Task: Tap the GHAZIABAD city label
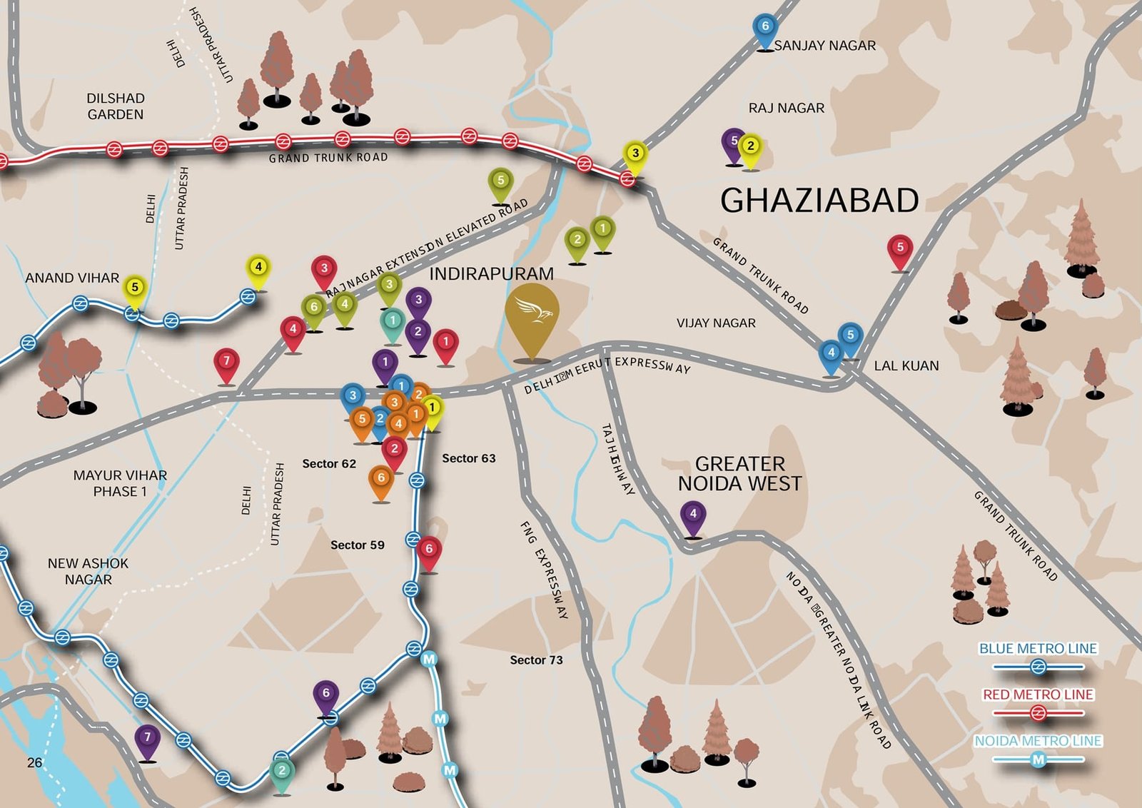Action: (819, 201)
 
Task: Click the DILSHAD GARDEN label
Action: (116, 106)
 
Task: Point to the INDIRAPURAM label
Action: (491, 274)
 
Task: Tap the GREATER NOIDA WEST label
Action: (739, 474)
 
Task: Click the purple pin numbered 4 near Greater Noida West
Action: (692, 515)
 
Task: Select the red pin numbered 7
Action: (226, 363)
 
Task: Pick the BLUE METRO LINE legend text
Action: (1038, 649)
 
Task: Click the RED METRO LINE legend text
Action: (1038, 695)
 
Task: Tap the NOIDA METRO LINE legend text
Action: (1038, 741)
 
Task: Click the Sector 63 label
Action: (468, 458)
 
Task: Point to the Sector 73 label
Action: (536, 660)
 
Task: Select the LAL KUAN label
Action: (906, 365)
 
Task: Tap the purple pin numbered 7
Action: (148, 739)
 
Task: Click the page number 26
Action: (34, 762)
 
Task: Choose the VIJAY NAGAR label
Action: (716, 323)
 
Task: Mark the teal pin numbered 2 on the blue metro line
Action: (282, 772)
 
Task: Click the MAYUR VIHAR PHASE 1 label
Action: (120, 483)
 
